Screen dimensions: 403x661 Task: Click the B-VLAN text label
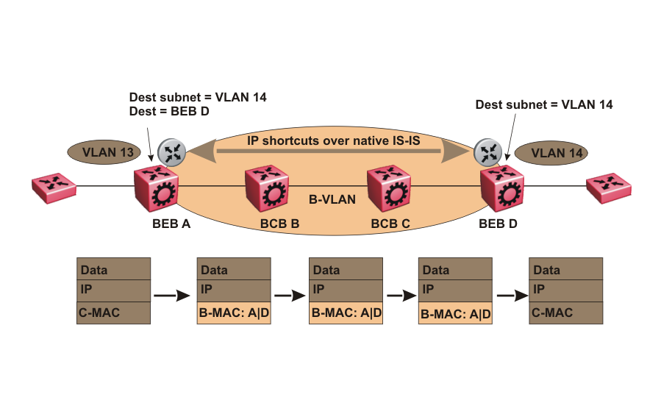tap(332, 199)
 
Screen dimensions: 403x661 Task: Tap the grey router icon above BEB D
tap(487, 151)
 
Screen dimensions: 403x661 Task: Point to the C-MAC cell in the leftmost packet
tap(113, 313)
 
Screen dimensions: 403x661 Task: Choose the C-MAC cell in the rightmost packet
tap(566, 313)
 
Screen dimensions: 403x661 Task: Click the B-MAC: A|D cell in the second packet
tap(234, 313)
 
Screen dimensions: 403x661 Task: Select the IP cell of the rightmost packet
tap(566, 290)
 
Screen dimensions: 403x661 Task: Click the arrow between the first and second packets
tap(173, 296)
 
